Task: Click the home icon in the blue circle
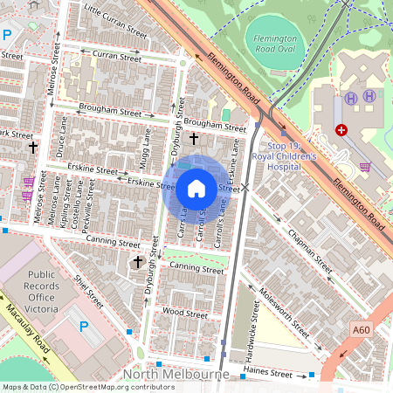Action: click(196, 187)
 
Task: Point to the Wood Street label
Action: click(184, 311)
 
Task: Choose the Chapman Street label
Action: click(311, 248)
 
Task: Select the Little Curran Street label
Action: click(114, 20)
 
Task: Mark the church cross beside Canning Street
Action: click(137, 261)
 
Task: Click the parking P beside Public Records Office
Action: click(84, 327)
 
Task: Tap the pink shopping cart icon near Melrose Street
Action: click(28, 183)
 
